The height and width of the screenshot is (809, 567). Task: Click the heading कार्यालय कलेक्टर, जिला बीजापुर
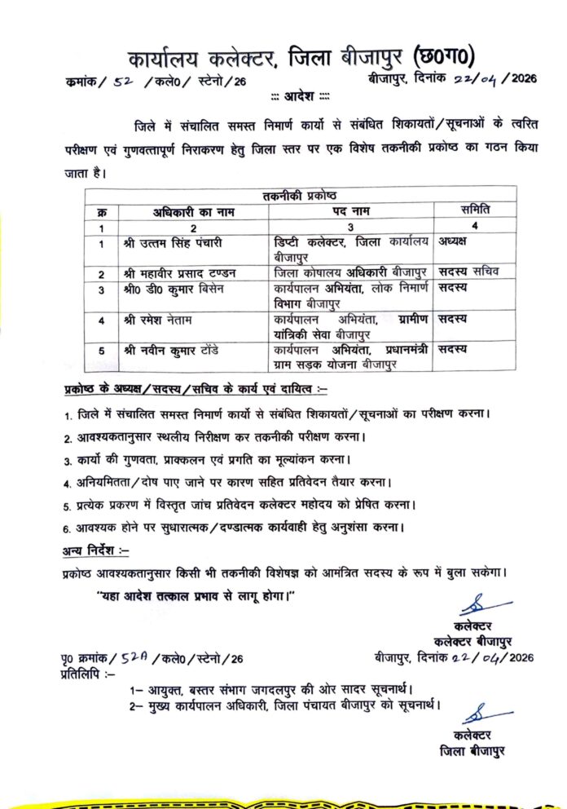268,60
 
